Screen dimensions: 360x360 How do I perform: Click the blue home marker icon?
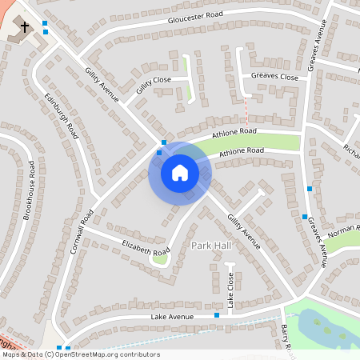tap(180, 173)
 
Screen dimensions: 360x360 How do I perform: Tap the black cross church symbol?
tap(25, 26)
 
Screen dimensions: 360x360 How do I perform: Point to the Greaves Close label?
tap(274, 77)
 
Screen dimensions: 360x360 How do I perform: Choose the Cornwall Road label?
tap(82, 232)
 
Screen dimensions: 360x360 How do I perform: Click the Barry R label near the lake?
tap(288, 336)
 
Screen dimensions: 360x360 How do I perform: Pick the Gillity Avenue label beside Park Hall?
tap(243, 231)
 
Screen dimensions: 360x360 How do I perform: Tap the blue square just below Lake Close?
tap(217, 315)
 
